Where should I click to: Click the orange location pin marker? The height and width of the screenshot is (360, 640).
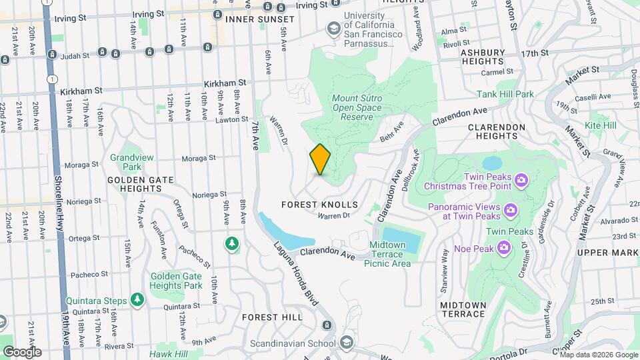(320, 160)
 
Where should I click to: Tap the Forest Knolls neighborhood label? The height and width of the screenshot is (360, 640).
(320, 205)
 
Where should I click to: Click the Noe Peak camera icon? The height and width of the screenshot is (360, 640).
(505, 247)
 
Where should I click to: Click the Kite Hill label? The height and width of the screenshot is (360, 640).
(601, 125)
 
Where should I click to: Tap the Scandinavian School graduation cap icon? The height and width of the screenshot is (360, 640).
(346, 344)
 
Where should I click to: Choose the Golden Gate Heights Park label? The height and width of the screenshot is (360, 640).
(176, 281)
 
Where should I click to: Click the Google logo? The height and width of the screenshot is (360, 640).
(22, 351)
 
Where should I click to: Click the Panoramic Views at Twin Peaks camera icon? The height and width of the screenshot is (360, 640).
(511, 211)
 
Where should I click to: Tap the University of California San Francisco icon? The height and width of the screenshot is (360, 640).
(333, 28)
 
